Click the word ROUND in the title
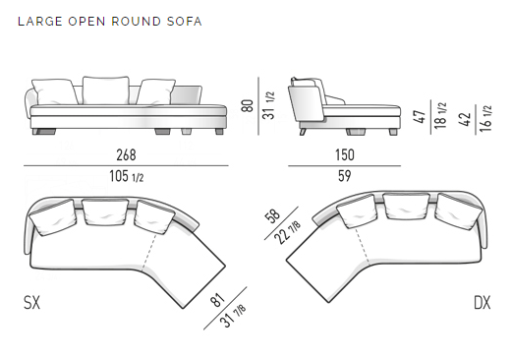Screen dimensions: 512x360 [136, 22]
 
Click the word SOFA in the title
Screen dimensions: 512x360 [184, 22]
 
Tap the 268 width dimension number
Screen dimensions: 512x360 [126, 154]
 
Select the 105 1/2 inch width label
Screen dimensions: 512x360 [127, 176]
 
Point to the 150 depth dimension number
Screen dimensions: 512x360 [345, 154]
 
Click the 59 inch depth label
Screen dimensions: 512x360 [344, 176]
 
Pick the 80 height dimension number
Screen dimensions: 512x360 [248, 105]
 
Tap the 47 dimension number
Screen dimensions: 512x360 [420, 117]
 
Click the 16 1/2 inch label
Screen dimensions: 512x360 [485, 119]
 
